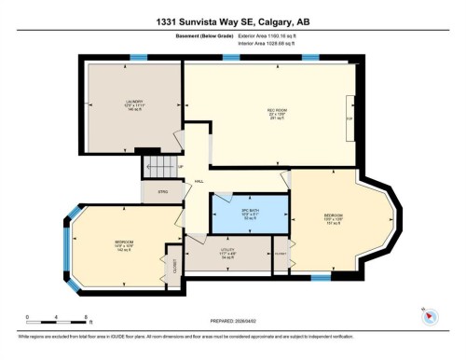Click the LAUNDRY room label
[130, 105]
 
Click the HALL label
[199, 181]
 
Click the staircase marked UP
[158, 169]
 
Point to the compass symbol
[430, 314]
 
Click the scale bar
[57, 320]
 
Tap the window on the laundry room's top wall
[139, 59]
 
